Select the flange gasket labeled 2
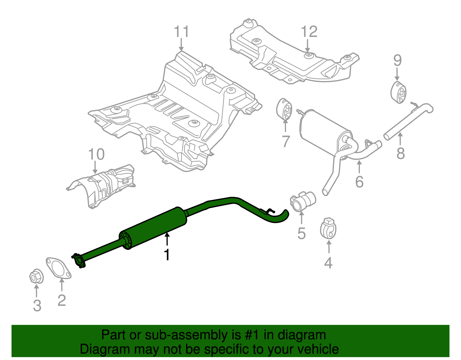(x=58, y=268)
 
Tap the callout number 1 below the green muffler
(x=167, y=255)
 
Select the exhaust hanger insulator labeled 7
(x=284, y=110)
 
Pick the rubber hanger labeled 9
(x=398, y=92)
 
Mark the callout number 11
(x=182, y=31)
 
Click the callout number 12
(x=309, y=31)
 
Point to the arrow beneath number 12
(x=308, y=46)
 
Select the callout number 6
(x=359, y=182)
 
